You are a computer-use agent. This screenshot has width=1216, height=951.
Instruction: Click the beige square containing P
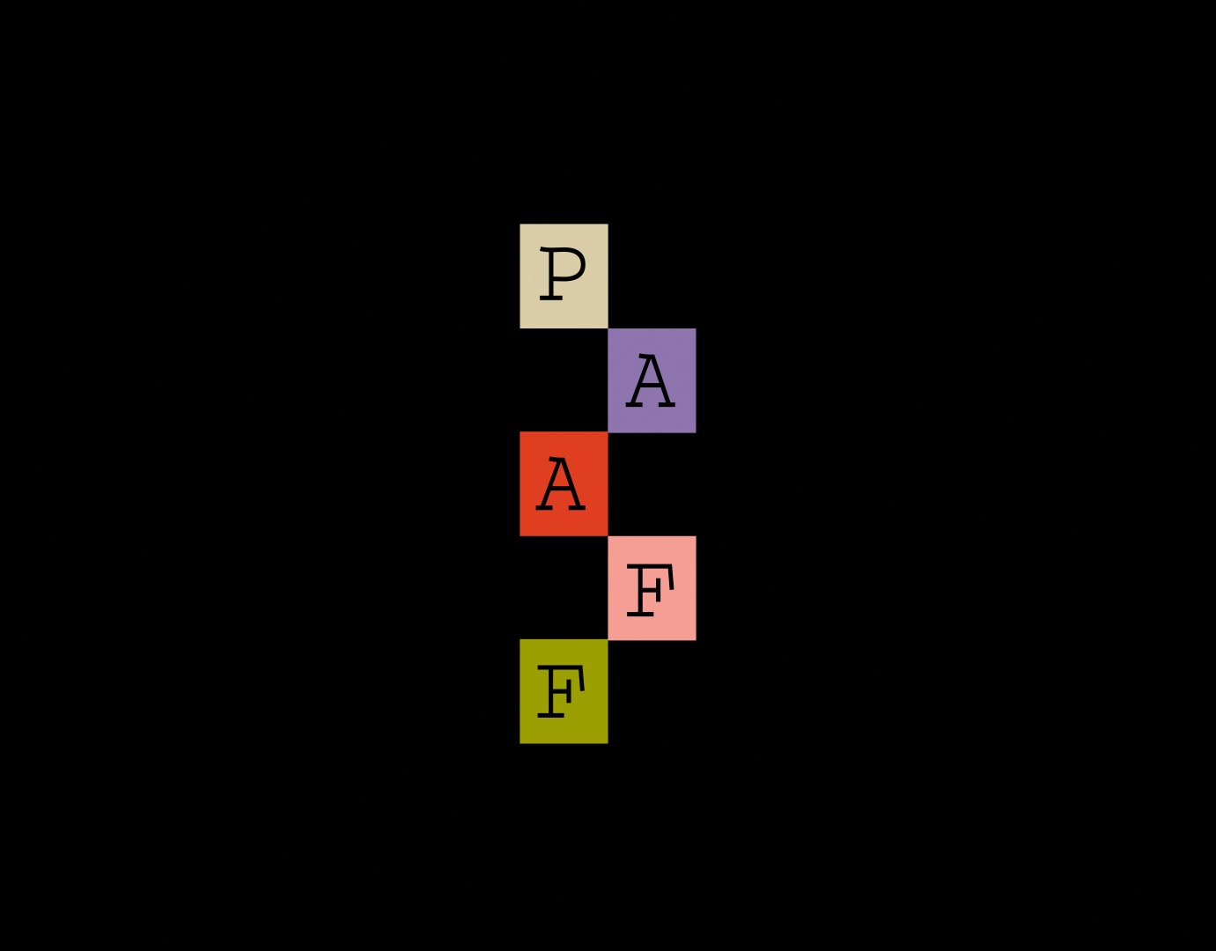[564, 276]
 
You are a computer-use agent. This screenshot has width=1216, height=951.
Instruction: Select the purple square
[652, 380]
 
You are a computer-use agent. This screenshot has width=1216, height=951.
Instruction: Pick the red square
[564, 483]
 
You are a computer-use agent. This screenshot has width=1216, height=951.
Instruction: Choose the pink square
[652, 587]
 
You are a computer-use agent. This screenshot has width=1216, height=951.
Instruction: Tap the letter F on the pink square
[646, 589]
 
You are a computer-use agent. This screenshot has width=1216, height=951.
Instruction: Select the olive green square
[564, 691]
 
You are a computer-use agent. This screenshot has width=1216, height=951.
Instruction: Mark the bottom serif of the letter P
[551, 298]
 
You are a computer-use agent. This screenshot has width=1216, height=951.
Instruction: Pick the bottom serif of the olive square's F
[551, 714]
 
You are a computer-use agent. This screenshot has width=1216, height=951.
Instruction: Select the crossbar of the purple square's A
[650, 391]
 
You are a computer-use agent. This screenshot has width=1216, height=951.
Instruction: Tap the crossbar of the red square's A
[561, 494]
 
